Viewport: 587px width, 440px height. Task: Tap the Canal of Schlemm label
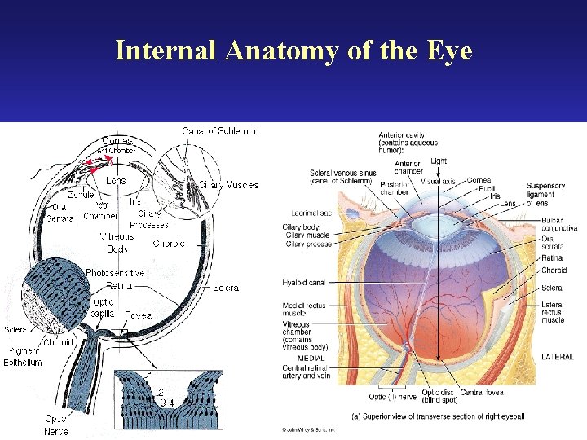point(218,131)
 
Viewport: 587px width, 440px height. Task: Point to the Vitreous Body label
point(117,242)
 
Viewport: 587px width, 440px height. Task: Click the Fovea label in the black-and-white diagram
point(137,315)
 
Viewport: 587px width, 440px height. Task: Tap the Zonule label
point(79,196)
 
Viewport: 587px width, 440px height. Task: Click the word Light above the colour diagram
point(438,161)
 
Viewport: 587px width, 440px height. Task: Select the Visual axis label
point(437,181)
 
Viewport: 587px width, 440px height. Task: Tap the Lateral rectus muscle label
point(553,312)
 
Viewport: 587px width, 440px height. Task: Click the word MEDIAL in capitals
point(310,358)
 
